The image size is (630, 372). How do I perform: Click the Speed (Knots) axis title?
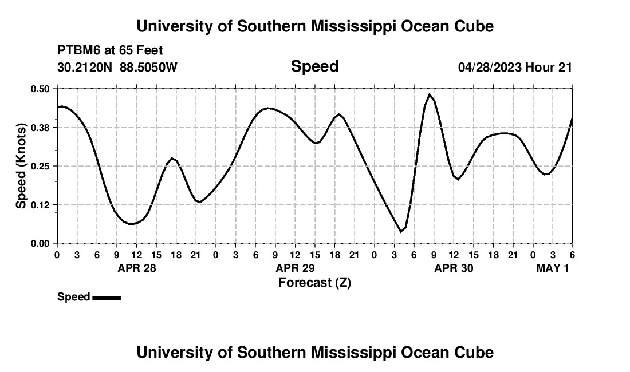pos(21,166)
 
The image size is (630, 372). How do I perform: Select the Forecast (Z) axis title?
pos(314,283)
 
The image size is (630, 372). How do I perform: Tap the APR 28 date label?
pos(137,268)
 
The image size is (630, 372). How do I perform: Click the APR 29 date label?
pos(296,268)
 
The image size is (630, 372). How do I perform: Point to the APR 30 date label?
pos(454,268)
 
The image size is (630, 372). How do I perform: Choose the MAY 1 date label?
pos(552,268)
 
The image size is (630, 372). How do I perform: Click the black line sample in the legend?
pos(107,298)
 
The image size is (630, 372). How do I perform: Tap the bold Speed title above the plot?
pos(314,66)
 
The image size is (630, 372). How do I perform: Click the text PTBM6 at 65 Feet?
pos(110,50)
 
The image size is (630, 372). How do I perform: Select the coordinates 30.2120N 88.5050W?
pos(117,68)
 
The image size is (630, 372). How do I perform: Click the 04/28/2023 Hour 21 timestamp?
pos(515,68)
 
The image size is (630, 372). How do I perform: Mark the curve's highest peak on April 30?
pos(430,94)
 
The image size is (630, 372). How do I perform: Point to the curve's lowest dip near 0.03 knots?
pos(401,231)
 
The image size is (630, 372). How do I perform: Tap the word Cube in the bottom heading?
pos(476,352)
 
